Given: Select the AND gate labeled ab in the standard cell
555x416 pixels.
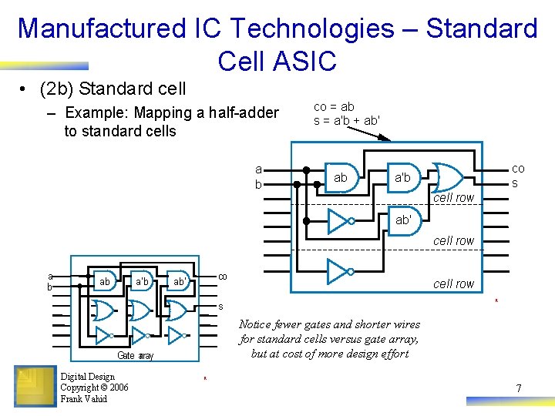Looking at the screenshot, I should click(x=340, y=177).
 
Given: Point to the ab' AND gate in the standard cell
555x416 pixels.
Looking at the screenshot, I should click(x=402, y=220).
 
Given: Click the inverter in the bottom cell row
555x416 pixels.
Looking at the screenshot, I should click(x=338, y=271).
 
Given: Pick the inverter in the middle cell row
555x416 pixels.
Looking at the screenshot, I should click(x=338, y=222).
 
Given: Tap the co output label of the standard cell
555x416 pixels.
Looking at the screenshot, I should click(x=518, y=168).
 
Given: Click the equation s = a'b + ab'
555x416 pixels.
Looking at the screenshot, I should click(x=346, y=120).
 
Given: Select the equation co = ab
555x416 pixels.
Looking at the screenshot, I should click(x=334, y=107).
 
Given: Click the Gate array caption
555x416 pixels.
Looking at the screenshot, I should click(x=135, y=355).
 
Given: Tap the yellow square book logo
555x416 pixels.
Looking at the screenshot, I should click(x=35, y=386).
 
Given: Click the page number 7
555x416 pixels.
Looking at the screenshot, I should click(x=519, y=388).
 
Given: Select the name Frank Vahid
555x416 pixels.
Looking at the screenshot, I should click(x=84, y=398).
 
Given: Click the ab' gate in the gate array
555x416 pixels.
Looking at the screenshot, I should click(x=178, y=282).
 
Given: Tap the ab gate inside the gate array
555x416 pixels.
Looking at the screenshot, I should click(x=105, y=282).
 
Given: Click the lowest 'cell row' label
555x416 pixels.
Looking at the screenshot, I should click(x=453, y=283).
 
